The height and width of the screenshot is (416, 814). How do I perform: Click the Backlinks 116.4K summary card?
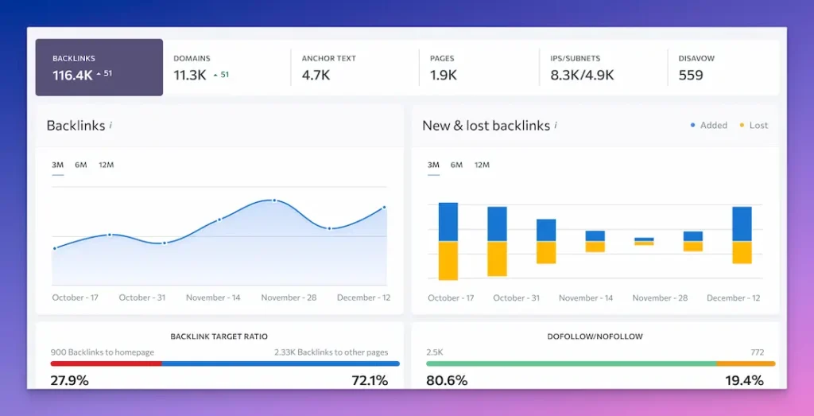click(x=99, y=68)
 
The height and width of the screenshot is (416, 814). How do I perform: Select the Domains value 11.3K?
click(x=191, y=76)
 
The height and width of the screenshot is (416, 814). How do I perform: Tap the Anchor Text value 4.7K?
click(x=316, y=76)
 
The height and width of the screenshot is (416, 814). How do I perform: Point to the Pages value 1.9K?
click(x=444, y=76)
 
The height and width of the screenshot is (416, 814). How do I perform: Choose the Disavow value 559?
click(x=691, y=76)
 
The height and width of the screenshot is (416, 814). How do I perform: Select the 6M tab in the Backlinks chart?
click(x=81, y=165)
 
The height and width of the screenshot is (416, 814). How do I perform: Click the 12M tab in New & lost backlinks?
click(x=482, y=165)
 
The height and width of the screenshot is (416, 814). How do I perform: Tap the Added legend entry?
click(x=709, y=125)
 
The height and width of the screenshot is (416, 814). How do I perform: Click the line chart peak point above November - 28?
click(x=274, y=200)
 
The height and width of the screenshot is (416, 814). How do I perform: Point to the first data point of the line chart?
click(x=55, y=248)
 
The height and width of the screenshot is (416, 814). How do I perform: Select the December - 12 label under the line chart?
click(x=363, y=297)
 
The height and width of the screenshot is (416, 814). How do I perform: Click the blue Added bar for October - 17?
click(x=448, y=222)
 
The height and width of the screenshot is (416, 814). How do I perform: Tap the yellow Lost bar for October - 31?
click(x=497, y=259)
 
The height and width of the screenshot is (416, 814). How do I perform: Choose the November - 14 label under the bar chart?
click(x=586, y=298)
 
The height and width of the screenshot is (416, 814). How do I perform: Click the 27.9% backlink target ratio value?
click(x=69, y=380)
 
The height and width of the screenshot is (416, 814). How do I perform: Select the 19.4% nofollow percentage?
click(x=744, y=380)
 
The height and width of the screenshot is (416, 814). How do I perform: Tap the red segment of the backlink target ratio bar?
click(x=106, y=364)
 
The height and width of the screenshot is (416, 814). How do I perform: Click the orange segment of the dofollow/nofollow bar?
click(x=746, y=364)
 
